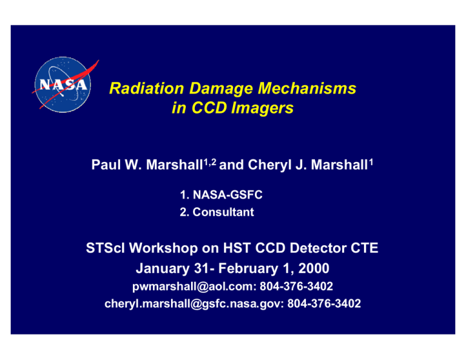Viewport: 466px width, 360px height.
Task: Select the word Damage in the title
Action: point(220,89)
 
